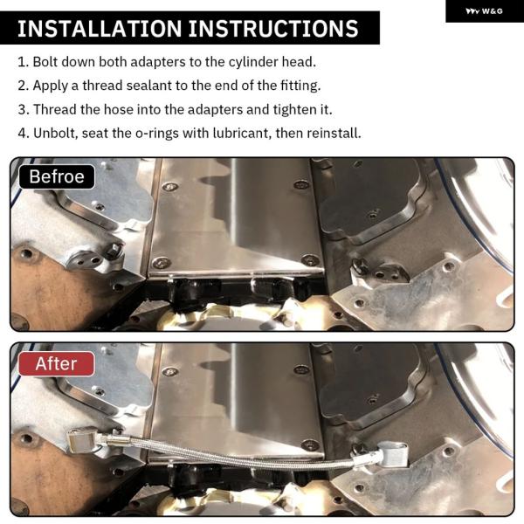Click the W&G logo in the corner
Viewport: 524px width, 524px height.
point(484,11)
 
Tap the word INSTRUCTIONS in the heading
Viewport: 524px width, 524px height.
point(273,29)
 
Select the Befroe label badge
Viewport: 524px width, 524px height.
point(57,176)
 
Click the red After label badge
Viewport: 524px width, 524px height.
point(57,363)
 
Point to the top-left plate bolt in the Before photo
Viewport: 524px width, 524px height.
point(169,187)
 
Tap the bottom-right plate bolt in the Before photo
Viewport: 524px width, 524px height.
point(310,260)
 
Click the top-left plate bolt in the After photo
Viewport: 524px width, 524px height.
point(169,372)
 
